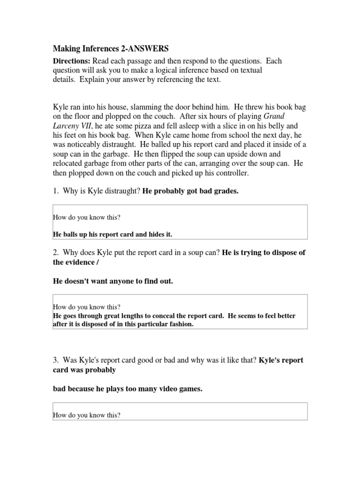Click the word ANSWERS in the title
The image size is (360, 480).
click(x=148, y=48)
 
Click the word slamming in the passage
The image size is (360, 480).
click(x=138, y=107)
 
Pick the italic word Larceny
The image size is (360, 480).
click(x=67, y=126)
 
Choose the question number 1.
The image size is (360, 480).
click(x=55, y=190)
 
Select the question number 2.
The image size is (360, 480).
click(x=55, y=252)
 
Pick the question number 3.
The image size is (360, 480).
click(x=55, y=360)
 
